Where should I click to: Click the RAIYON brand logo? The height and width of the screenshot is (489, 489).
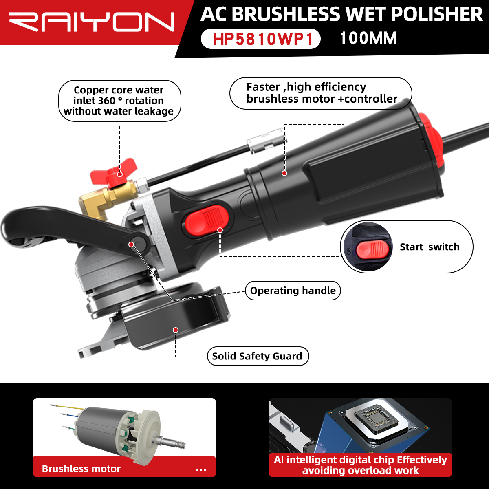92,22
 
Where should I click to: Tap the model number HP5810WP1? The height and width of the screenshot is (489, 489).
263,39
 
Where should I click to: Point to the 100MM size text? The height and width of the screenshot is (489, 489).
368,38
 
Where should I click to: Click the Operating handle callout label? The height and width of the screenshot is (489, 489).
293,291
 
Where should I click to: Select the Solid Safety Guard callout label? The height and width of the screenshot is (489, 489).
258,356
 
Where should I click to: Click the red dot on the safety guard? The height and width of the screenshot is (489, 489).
176,330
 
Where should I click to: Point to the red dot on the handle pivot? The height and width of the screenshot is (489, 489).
131,244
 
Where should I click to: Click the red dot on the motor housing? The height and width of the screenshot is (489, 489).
284,173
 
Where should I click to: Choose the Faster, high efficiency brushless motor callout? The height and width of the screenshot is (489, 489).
321,93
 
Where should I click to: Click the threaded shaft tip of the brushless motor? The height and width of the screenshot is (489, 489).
181,446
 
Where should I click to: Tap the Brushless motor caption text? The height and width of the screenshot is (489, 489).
81,469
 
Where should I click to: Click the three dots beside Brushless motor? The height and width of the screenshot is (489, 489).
201,470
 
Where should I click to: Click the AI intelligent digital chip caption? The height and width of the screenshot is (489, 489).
360,465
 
